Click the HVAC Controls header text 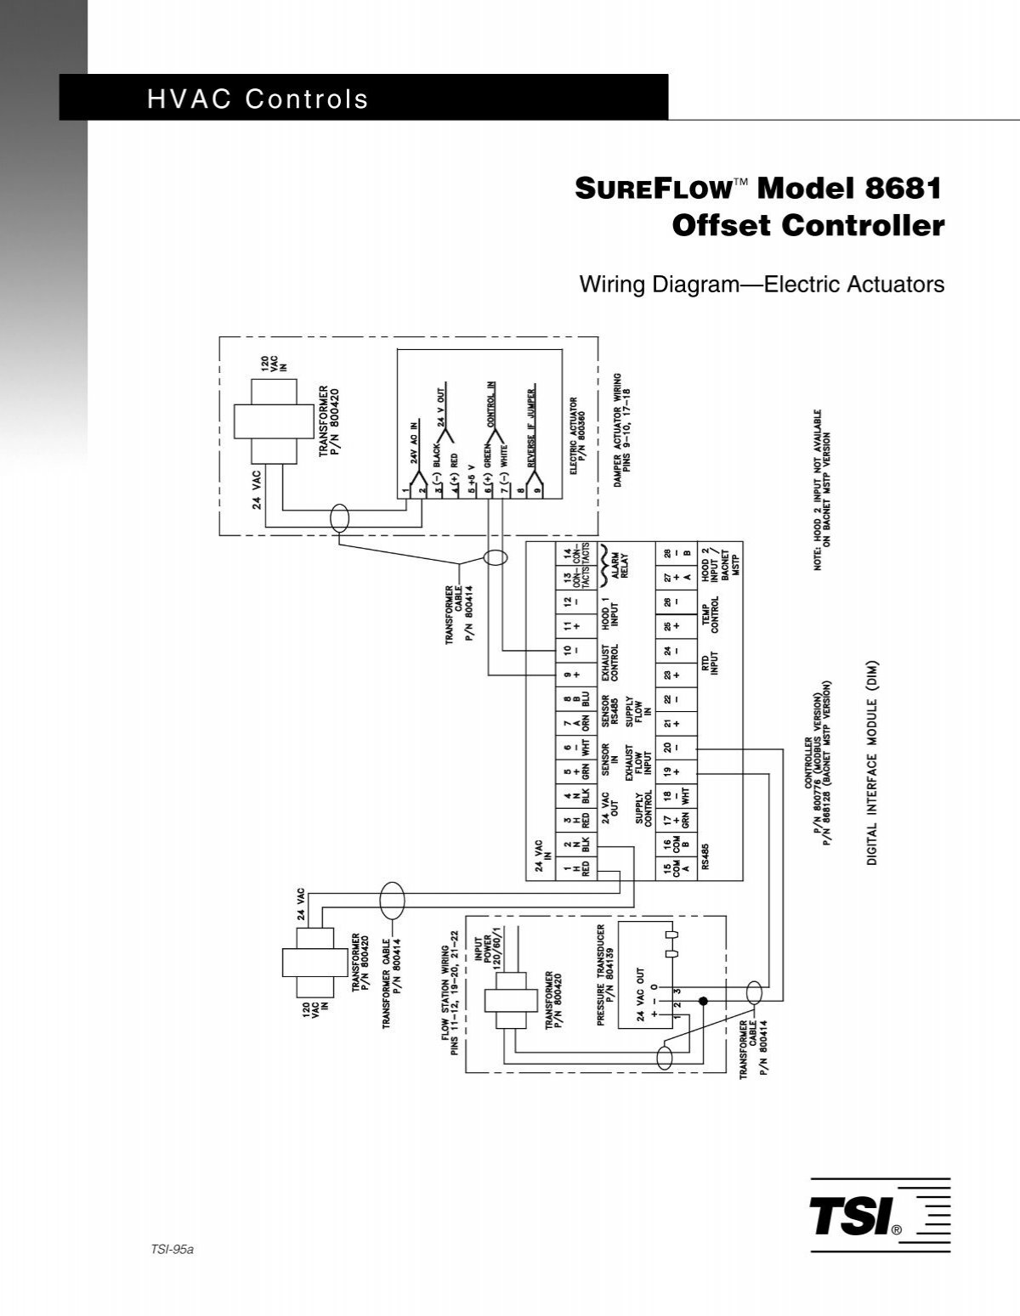258,99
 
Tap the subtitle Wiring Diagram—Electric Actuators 762,285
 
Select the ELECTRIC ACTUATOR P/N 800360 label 579,436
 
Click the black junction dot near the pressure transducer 703,1002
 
